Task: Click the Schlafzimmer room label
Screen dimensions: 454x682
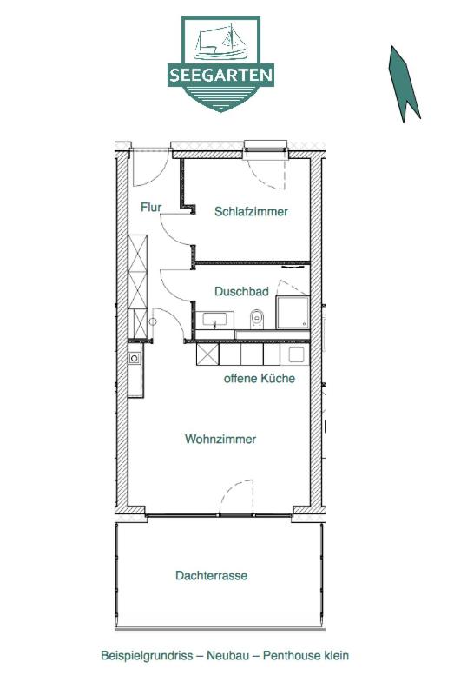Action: click(x=251, y=212)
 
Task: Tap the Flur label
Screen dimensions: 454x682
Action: click(x=151, y=207)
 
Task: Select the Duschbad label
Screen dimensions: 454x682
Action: click(x=241, y=291)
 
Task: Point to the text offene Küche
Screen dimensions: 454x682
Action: click(x=260, y=378)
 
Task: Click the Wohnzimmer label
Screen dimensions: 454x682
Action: click(x=220, y=439)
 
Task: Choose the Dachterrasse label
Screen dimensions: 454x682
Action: click(x=211, y=575)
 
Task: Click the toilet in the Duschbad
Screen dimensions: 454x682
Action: click(x=257, y=319)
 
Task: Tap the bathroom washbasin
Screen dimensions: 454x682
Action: click(x=214, y=320)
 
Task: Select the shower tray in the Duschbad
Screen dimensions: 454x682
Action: click(x=293, y=312)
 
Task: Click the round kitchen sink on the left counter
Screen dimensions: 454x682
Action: click(x=135, y=358)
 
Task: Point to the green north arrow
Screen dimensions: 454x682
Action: click(x=404, y=84)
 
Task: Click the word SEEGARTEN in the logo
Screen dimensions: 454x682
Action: click(x=220, y=75)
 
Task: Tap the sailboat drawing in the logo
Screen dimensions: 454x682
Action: click(x=221, y=43)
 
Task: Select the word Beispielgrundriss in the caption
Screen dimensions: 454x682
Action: click(x=147, y=655)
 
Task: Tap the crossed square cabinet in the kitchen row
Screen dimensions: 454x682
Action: click(x=207, y=354)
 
